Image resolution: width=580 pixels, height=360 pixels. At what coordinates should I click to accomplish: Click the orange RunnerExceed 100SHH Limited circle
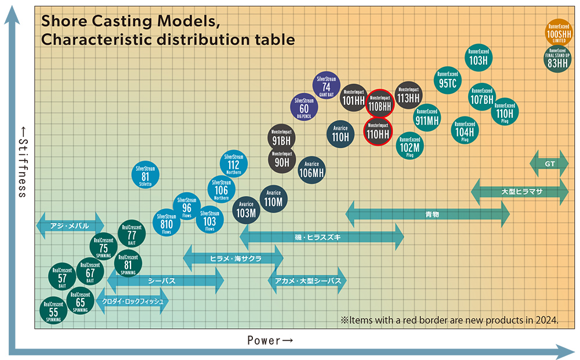click(x=559, y=34)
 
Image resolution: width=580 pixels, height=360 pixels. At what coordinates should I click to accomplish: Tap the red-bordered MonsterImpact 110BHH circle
click(x=379, y=104)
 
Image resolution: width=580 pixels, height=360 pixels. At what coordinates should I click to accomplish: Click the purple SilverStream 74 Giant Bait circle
click(x=326, y=86)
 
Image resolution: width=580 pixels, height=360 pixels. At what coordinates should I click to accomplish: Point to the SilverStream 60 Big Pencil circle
click(x=304, y=107)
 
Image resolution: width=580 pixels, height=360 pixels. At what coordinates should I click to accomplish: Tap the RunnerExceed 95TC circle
click(x=448, y=81)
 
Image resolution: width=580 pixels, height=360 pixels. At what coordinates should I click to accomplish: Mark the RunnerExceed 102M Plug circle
click(x=410, y=146)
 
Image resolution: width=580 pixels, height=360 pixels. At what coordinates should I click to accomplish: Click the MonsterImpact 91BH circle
click(x=281, y=137)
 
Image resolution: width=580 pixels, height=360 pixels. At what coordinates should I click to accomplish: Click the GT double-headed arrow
click(x=549, y=165)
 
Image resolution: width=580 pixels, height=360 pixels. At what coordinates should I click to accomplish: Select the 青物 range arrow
click(x=427, y=214)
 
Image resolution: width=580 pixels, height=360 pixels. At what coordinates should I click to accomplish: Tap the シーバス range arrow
click(x=165, y=281)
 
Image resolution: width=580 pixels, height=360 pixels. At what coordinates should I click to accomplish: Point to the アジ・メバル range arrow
click(x=70, y=226)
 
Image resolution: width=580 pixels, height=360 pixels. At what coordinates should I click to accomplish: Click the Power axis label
click(x=270, y=340)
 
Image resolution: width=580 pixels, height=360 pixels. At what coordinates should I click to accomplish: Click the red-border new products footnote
click(x=449, y=319)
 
